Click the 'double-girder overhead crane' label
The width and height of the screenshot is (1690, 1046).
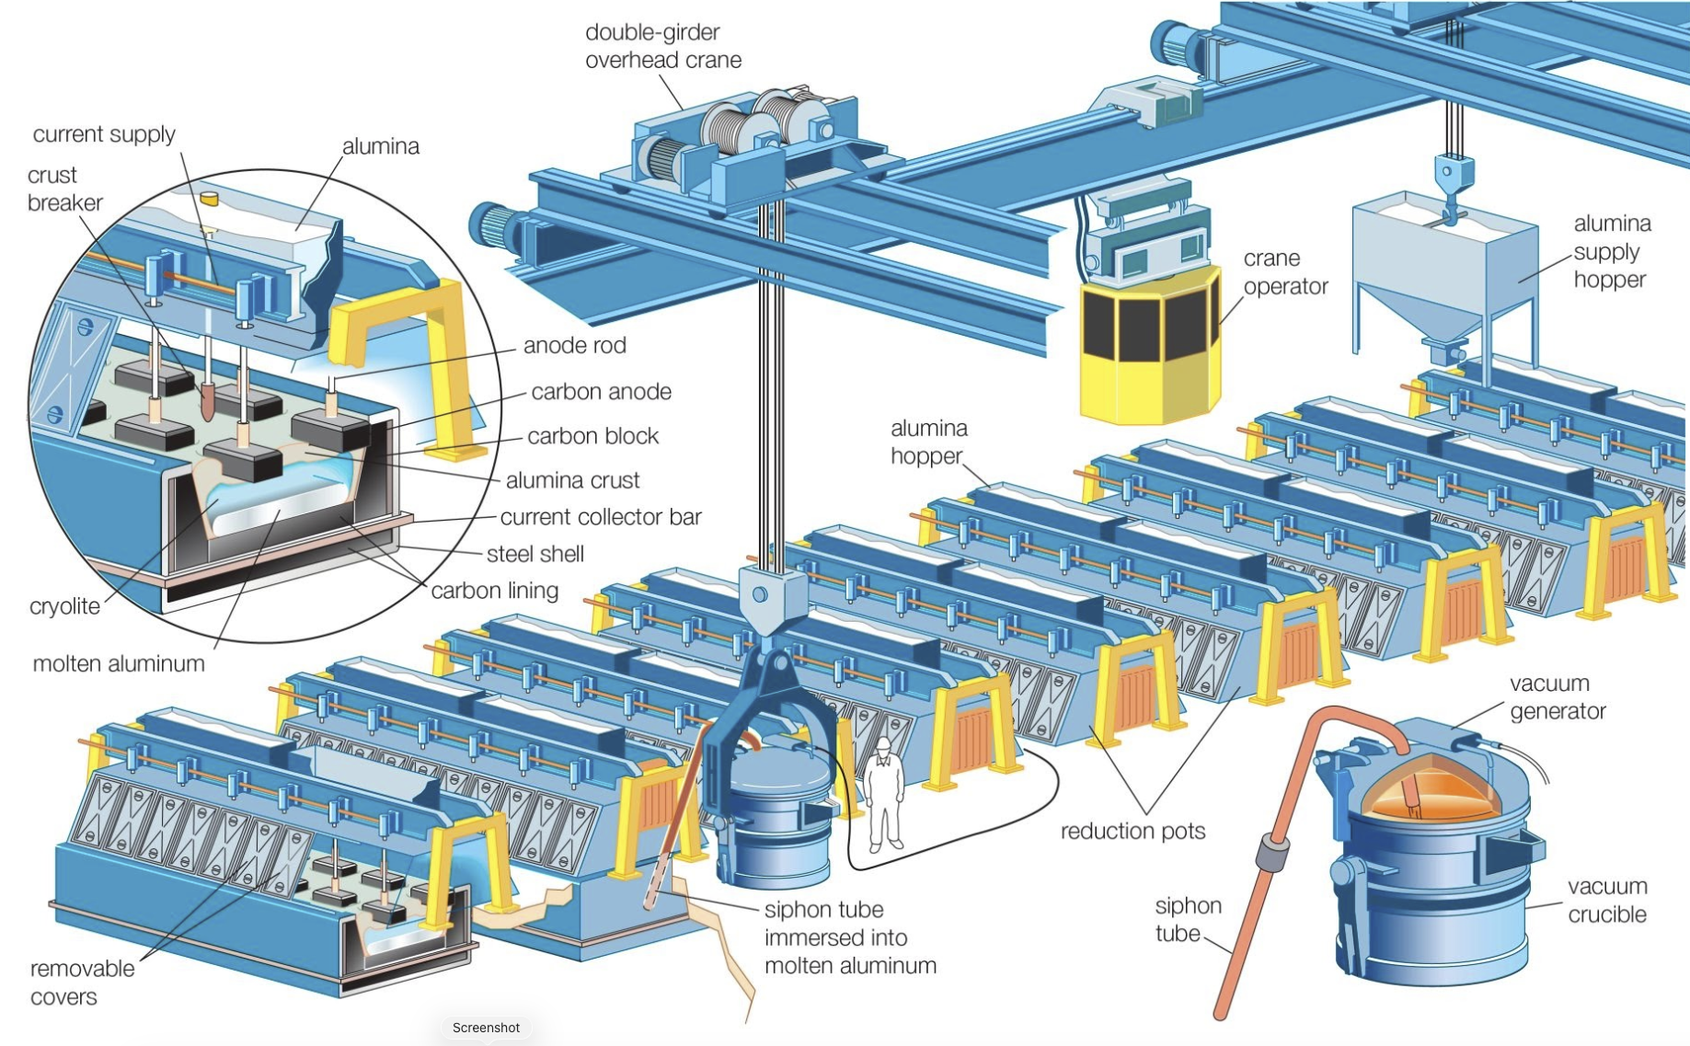[663, 46]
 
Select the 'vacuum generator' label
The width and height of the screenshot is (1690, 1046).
[1557, 696]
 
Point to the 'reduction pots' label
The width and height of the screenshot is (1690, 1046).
[1132, 831]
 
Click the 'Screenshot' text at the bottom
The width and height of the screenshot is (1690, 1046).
[486, 1028]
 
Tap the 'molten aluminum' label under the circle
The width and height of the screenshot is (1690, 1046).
[119, 663]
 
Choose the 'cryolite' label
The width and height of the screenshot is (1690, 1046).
[64, 606]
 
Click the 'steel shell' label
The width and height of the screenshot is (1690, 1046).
[535, 554]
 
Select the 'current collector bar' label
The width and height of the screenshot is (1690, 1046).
[601, 517]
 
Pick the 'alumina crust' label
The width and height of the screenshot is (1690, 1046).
[572, 480]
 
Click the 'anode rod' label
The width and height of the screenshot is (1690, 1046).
[575, 345]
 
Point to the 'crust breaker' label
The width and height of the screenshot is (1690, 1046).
[64, 189]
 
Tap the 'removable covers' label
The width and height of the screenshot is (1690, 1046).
[82, 983]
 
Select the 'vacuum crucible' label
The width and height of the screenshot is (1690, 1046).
[1607, 900]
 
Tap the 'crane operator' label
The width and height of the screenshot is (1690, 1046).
[1285, 272]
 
